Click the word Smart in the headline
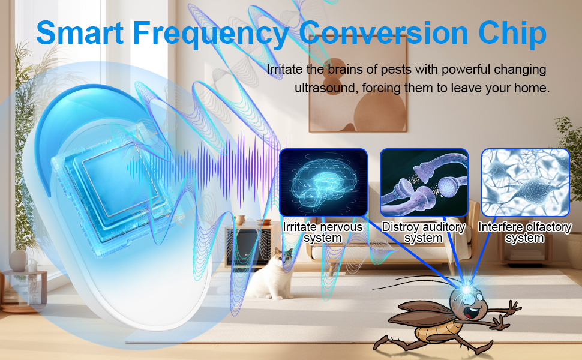[x=80, y=32]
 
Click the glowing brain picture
[x=323, y=182]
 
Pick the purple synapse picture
[x=424, y=182]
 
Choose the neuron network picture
[x=525, y=182]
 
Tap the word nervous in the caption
[x=343, y=227]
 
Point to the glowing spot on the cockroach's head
[x=466, y=289]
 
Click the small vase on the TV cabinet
[x=241, y=220]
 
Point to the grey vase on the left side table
[x=18, y=260]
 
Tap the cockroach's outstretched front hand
[x=514, y=308]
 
